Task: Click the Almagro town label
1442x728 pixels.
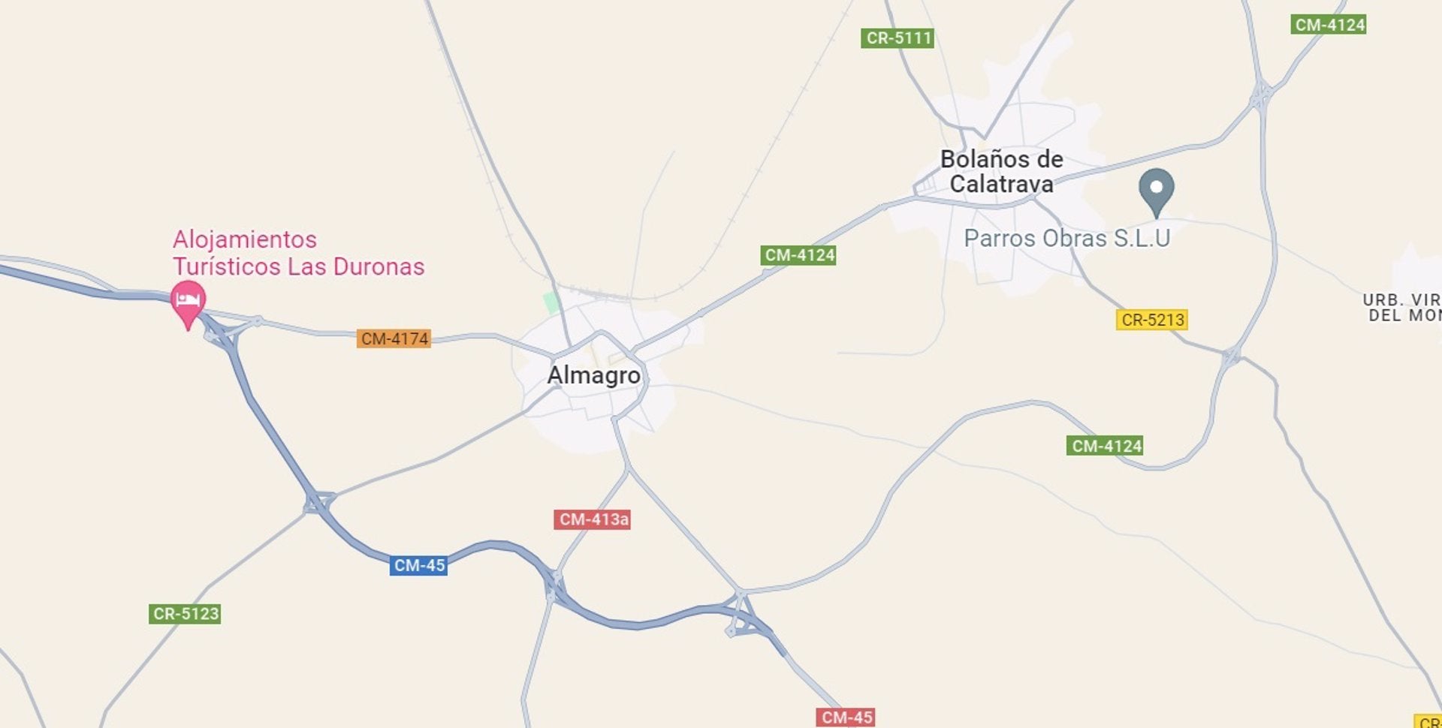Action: [594, 375]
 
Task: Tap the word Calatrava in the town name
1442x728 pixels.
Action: [1001, 184]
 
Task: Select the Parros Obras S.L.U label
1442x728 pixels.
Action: [1066, 239]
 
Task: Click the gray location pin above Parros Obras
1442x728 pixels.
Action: [1157, 188]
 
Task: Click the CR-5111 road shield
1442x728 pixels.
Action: [897, 38]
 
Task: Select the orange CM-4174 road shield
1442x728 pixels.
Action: [394, 338]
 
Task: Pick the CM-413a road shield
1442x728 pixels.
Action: [593, 519]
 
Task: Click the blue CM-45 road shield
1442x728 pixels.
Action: [419, 565]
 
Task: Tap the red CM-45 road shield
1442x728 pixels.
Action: [846, 717]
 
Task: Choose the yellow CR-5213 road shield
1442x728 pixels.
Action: [1152, 320]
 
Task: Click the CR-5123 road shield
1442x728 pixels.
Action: [186, 614]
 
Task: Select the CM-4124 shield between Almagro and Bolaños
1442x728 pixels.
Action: [799, 255]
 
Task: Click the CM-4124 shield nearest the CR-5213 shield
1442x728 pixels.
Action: [1106, 446]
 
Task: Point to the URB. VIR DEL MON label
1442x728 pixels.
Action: [1401, 308]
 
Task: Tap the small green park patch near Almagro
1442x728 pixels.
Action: [552, 302]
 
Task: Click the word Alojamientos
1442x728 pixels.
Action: [245, 239]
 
